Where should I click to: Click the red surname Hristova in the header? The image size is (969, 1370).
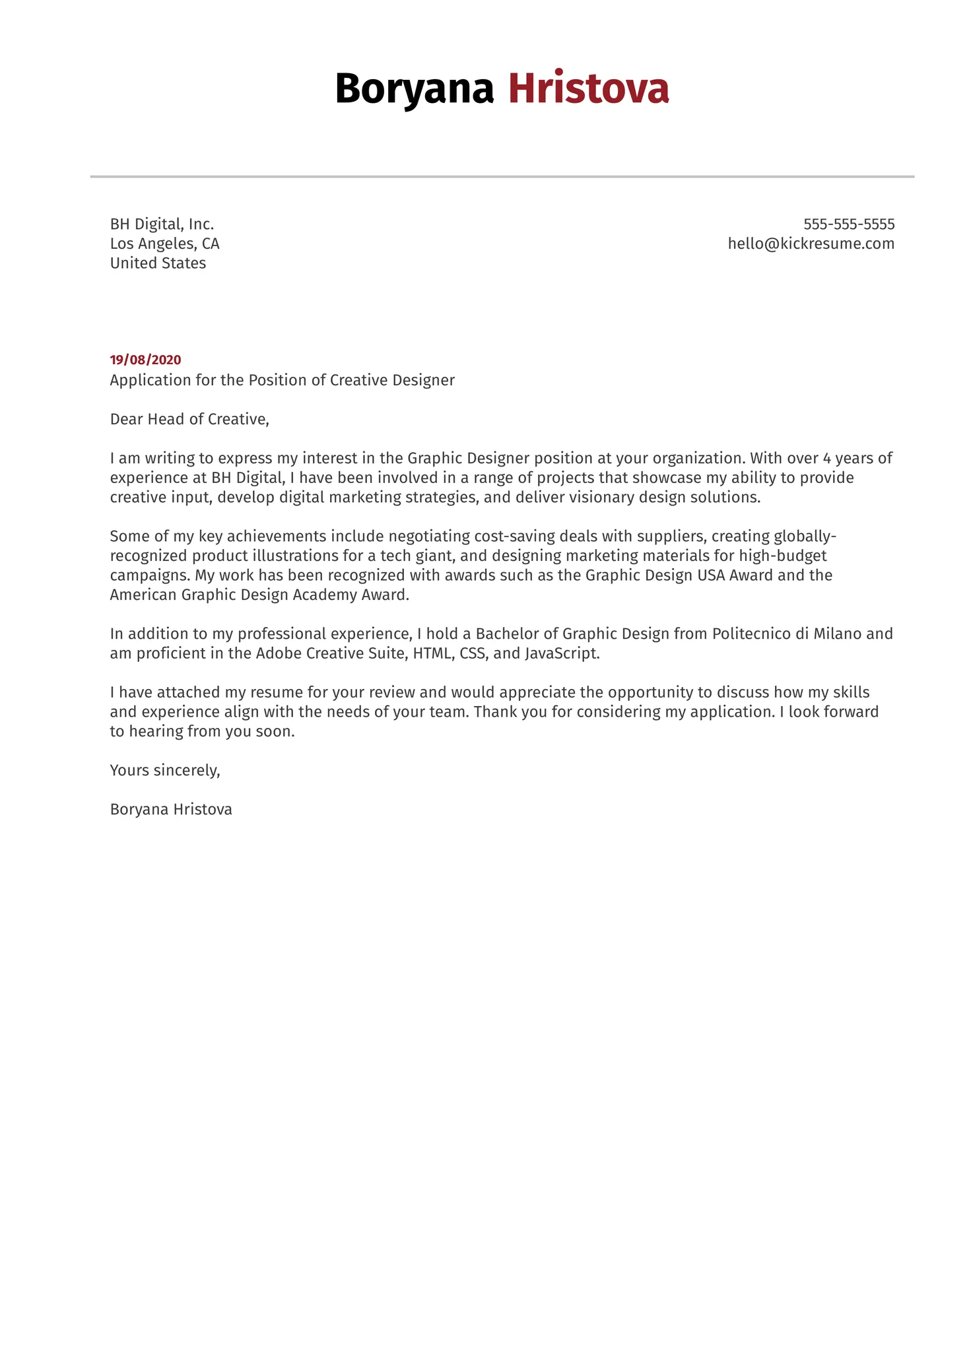588,88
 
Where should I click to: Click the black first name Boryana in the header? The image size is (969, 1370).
414,88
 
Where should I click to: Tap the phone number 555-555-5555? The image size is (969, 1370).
848,224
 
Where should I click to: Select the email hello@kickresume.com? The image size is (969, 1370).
811,244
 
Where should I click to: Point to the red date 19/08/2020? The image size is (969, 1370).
145,360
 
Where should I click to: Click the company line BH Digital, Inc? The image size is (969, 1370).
162,224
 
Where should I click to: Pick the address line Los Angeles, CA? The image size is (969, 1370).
164,244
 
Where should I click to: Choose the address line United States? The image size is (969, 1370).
158,263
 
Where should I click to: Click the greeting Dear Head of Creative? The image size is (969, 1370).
189,419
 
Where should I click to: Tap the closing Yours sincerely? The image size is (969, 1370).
164,770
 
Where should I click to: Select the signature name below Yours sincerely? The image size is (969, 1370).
171,809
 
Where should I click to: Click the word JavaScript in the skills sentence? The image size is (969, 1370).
561,653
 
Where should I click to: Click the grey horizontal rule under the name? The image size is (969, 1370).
502,177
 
